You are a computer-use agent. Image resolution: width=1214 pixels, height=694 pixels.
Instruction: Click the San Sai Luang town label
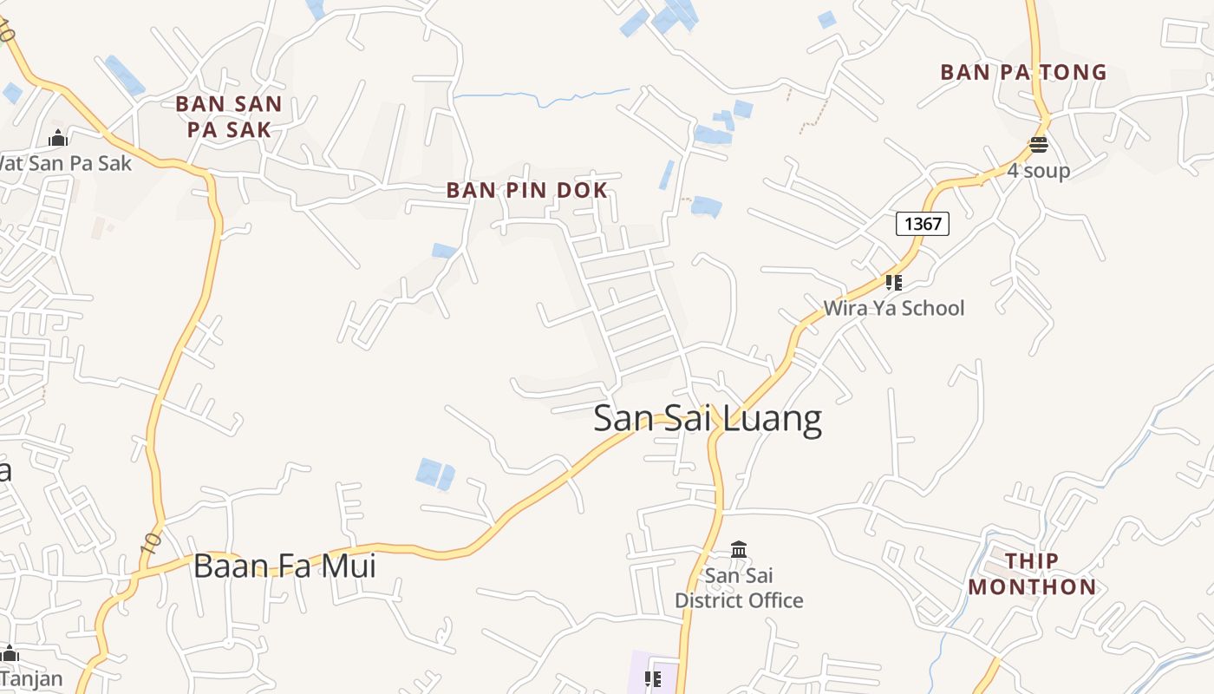tap(707, 419)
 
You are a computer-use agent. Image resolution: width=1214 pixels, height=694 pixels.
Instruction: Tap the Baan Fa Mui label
tap(284, 566)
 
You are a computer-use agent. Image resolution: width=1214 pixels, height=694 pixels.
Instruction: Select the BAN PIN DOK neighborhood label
tap(526, 190)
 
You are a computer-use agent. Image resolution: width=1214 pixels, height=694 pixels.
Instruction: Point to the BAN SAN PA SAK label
tap(228, 116)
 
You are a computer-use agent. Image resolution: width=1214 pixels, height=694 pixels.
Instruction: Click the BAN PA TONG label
tap(1023, 72)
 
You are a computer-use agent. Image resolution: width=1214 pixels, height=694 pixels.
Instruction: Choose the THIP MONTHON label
tap(1032, 573)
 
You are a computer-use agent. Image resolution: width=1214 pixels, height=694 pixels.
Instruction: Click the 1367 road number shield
tap(922, 224)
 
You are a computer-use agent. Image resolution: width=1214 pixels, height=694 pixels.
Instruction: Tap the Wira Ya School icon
tap(894, 282)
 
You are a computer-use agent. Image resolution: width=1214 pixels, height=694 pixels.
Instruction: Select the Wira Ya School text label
tap(893, 308)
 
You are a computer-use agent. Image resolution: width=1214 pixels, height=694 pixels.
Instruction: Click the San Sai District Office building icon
tap(739, 549)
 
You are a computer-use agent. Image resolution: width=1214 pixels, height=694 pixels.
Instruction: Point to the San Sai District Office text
tap(739, 588)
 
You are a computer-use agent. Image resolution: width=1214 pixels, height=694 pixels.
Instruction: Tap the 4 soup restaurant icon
tap(1038, 145)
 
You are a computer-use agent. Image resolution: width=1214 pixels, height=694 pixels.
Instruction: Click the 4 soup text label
tap(1038, 171)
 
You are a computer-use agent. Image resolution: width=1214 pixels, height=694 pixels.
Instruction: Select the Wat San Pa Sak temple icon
tap(58, 138)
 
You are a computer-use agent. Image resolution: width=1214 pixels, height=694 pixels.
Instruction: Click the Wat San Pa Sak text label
tap(65, 162)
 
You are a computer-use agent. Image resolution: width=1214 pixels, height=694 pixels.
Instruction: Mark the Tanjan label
tap(31, 678)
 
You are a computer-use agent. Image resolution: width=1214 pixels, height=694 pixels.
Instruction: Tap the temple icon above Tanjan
tap(9, 653)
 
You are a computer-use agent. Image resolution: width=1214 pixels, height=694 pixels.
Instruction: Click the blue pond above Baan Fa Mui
tap(434, 474)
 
